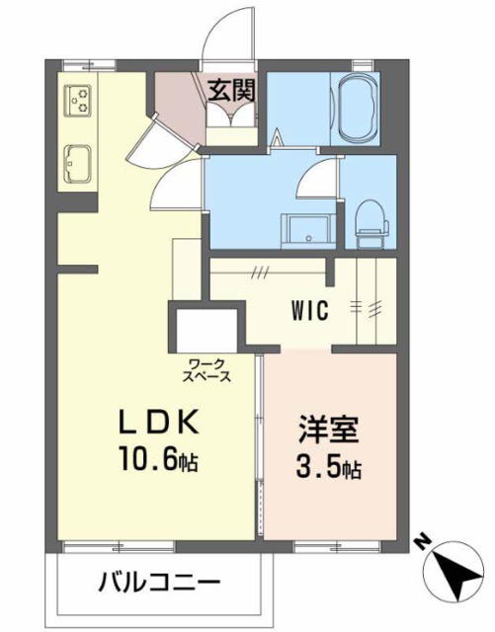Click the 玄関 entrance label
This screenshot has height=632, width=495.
[233, 91]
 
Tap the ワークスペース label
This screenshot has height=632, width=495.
[206, 370]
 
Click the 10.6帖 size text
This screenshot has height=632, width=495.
[158, 460]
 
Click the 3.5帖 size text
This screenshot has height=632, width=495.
[327, 468]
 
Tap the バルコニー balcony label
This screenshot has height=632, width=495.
[158, 581]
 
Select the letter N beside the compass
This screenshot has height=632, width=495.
[421, 541]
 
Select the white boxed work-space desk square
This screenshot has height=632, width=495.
[206, 328]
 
